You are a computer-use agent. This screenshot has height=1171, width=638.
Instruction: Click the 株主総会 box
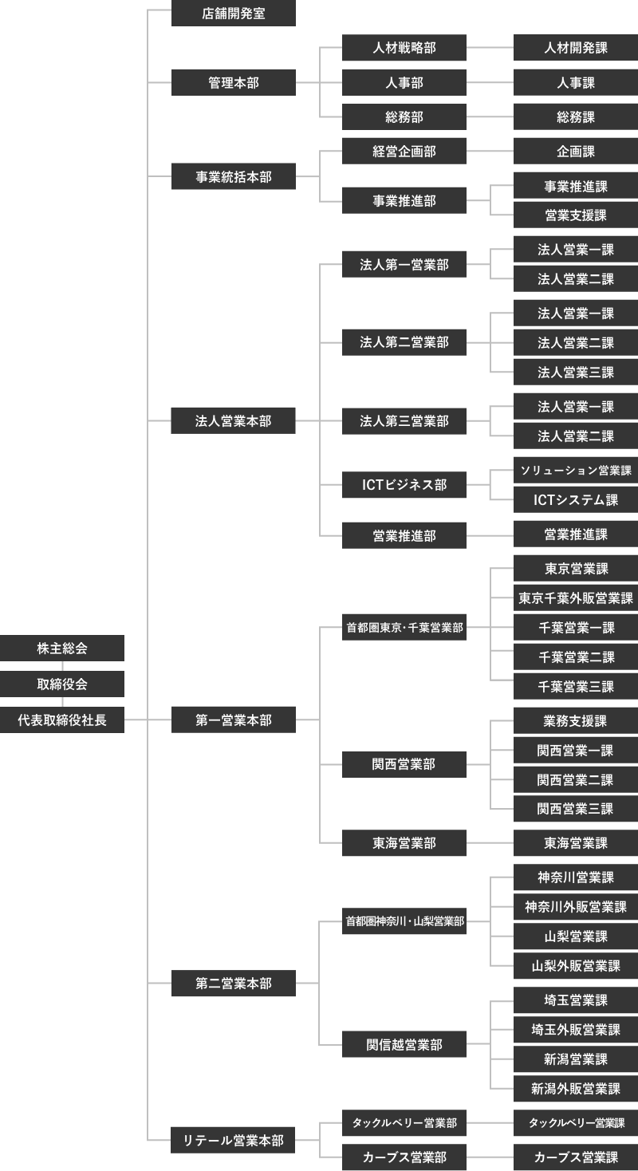62,649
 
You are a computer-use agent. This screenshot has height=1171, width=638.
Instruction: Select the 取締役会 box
62,684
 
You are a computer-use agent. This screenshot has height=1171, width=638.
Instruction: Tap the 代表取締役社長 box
62,720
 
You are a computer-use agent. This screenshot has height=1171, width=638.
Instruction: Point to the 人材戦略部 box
404,48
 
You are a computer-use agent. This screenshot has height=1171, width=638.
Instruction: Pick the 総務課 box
576,116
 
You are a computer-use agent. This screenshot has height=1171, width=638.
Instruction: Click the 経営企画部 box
404,152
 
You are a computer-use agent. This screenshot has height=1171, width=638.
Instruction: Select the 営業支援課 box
576,215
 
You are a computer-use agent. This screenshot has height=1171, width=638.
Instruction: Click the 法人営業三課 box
576,373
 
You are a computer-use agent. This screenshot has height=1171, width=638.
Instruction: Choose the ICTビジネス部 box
404,484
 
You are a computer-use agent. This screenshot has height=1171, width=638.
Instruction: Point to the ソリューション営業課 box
576,471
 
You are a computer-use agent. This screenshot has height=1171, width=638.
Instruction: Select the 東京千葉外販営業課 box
576,597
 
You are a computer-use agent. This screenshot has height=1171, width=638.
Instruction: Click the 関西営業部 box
404,764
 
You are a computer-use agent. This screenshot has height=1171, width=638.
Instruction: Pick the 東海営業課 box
576,843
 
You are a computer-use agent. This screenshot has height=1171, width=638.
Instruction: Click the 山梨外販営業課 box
576,966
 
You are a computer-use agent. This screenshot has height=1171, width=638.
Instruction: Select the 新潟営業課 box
576,1059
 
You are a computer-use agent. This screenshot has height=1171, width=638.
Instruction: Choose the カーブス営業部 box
404,1157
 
